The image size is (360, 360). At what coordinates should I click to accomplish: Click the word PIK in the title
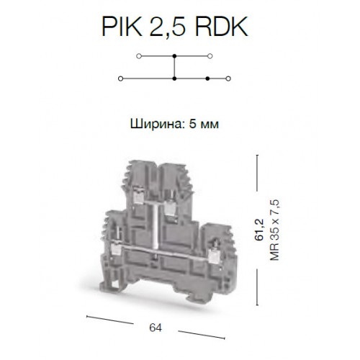[122, 27]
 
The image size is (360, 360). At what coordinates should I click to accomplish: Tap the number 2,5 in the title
[168, 27]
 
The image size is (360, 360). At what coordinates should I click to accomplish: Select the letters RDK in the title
[221, 27]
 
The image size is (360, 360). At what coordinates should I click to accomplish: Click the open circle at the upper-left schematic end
[139, 56]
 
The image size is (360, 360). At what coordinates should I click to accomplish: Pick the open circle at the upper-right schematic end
[210, 56]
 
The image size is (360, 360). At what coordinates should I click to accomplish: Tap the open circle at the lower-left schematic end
[121, 78]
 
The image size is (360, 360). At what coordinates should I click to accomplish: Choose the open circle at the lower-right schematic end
[228, 78]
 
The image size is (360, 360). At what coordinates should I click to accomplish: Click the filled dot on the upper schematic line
[174, 56]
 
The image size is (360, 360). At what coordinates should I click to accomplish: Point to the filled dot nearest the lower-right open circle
[208, 78]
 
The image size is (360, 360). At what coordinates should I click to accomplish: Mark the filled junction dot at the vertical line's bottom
[174, 78]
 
